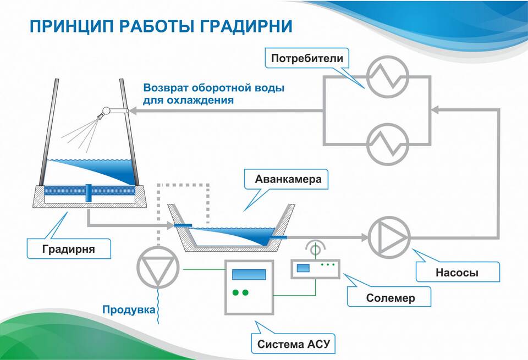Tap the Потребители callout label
point(307,58)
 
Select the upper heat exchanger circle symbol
point(388,77)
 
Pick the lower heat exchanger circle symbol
point(388,144)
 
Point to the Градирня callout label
point(69,249)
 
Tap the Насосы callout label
point(457,272)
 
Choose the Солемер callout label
point(391,298)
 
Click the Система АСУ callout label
point(293,344)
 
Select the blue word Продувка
point(129,309)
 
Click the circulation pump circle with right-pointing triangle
point(389,237)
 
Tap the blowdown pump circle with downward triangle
point(158,267)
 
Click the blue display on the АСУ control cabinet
point(249,275)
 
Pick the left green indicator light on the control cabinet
point(236,293)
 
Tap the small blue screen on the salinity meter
point(303,268)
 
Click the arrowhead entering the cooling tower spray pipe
point(133,110)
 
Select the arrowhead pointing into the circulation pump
point(365,237)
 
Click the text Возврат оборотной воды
point(214,88)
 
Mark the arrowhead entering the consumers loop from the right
point(435,109)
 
